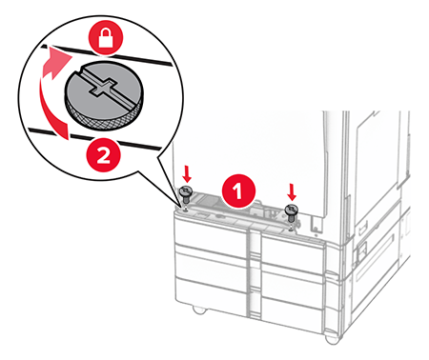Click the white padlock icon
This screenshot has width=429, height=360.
106,39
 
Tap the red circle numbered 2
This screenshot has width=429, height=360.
103,155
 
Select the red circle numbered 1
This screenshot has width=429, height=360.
238,191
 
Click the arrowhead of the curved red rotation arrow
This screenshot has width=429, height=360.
59,60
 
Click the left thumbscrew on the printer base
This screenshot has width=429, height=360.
185,195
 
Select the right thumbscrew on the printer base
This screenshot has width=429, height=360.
291,213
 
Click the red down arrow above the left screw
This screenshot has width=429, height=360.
187,174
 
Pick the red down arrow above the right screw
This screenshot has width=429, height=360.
292,192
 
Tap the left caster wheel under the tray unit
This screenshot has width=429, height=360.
199,310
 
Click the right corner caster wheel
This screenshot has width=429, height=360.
332,339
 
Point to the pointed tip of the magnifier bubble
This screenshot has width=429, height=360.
180,208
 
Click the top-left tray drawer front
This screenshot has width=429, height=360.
210,233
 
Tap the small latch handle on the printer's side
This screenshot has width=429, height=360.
361,250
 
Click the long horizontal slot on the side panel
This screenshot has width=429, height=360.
375,255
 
